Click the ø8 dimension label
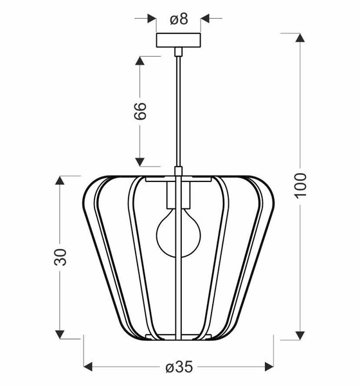[179, 19]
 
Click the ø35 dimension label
[179, 367]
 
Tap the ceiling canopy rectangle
[179, 40]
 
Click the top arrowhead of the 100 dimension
[300, 37]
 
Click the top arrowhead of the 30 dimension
[60, 178]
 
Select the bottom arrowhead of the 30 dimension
[60, 334]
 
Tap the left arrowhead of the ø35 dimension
[89, 367]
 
